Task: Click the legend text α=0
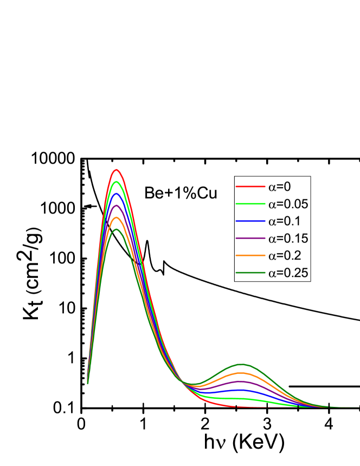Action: coord(279,187)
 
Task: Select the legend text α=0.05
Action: coord(288,204)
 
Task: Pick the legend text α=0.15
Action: coord(288,238)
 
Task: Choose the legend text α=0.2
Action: coord(285,256)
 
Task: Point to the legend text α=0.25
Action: coord(288,273)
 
